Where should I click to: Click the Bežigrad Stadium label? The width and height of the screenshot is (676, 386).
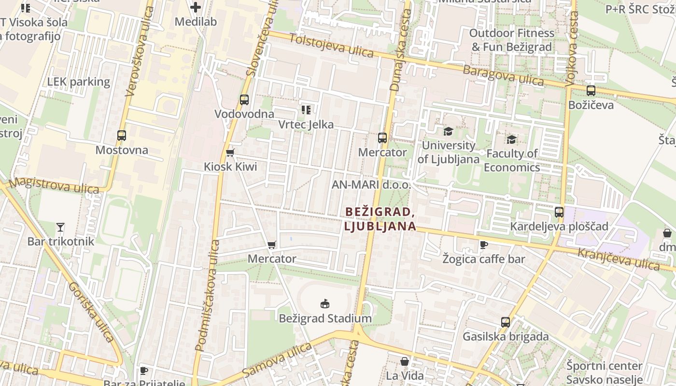point(325,318)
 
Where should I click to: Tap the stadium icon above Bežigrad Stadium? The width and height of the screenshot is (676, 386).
point(325,303)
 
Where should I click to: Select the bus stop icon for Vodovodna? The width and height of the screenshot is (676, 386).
point(244,100)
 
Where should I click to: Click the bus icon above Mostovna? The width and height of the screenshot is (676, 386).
point(122,136)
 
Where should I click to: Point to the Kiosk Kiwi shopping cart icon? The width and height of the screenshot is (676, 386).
point(230,153)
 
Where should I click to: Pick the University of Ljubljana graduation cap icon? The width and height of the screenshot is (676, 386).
point(449,131)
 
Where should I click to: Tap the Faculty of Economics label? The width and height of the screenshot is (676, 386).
point(512,160)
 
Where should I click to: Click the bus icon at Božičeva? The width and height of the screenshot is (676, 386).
point(591,91)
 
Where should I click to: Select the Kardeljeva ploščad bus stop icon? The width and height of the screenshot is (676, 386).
point(559,212)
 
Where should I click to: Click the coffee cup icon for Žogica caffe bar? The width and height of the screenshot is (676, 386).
point(483,245)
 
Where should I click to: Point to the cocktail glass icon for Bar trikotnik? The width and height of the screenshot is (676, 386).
point(60,227)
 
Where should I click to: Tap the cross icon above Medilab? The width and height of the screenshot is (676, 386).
point(196,7)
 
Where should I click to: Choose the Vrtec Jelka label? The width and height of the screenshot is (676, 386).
point(306,124)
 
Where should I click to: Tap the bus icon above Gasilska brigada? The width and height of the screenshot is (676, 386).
point(506,322)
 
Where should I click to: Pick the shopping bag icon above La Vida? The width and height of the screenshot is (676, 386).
point(405,361)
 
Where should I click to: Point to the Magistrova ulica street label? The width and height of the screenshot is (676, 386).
point(53,185)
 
